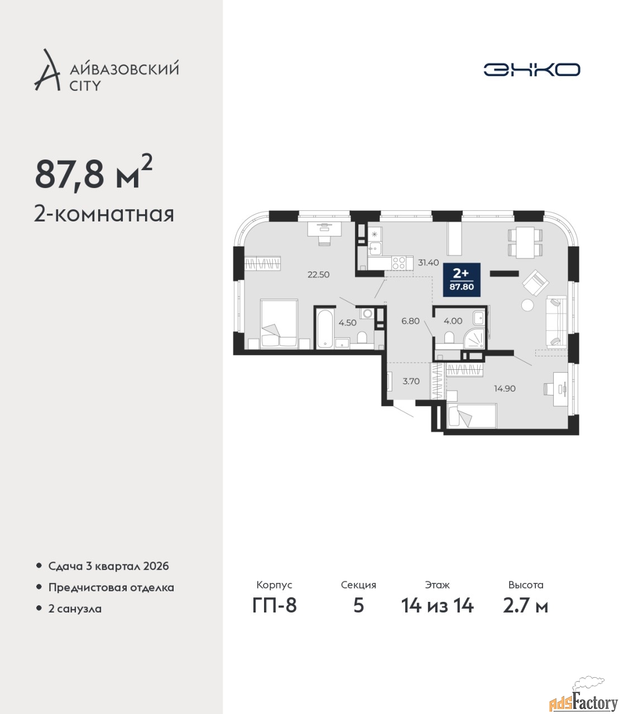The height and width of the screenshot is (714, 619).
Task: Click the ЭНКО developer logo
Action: coord(531,69)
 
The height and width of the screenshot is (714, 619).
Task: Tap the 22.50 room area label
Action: coord(318,275)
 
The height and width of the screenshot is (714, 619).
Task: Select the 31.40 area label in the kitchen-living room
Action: coord(428,263)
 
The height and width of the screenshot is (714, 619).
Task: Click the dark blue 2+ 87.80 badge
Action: coord(462,279)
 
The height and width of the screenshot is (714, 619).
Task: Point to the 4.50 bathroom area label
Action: coord(347,322)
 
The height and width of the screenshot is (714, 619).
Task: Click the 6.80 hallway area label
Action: coord(410,321)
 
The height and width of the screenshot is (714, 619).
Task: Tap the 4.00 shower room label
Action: coord(453,321)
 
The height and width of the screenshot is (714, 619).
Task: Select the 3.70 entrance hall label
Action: coord(411,382)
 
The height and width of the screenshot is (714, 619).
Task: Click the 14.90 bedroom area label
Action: coord(505,389)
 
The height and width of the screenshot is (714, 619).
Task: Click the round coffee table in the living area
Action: coord(528,305)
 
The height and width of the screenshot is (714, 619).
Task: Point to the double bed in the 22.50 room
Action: coord(279,324)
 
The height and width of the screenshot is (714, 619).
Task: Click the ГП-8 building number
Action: coord(275,606)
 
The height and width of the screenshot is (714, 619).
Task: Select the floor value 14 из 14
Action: coord(437,606)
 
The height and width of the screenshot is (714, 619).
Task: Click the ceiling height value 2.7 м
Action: coord(525,606)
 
